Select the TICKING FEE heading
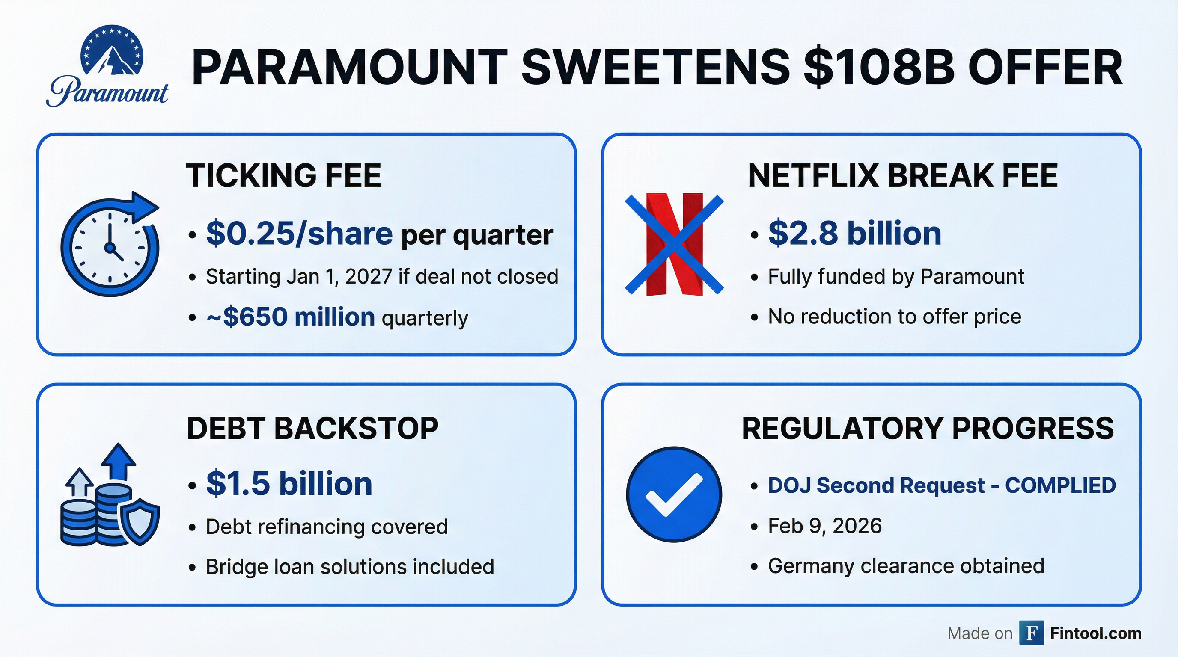coord(283,175)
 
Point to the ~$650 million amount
coord(291,317)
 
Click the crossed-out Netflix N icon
coord(675,244)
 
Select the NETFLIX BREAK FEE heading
coord(903,175)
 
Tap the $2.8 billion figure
coord(855,233)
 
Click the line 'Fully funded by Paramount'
coord(896,276)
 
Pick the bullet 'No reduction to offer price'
coord(895,316)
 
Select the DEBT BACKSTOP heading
coord(313,428)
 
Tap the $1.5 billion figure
coord(289,483)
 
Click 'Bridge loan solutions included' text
coord(350,567)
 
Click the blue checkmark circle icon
coord(674,494)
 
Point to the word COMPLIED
coord(1060,485)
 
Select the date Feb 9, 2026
coord(825,526)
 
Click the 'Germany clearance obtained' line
coord(906,565)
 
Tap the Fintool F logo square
coord(1032,633)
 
